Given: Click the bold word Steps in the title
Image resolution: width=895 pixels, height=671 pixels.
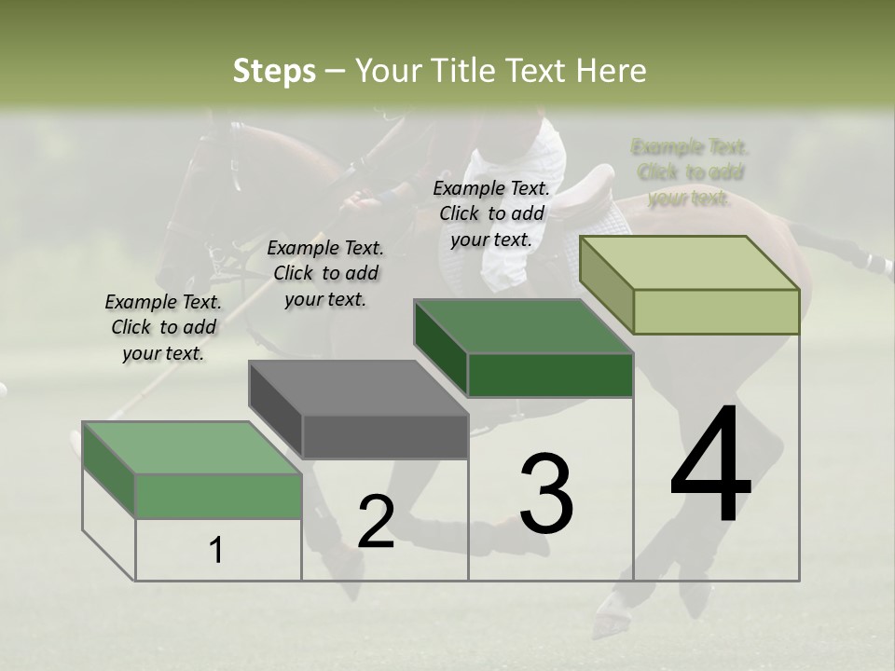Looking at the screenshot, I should coord(274,71).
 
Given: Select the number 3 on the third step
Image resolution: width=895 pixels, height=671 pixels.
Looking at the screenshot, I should coord(546,494).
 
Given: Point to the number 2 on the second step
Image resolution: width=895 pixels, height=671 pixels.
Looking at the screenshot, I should coord(376,522).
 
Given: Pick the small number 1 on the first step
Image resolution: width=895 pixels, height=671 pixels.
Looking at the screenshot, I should coord(216,551).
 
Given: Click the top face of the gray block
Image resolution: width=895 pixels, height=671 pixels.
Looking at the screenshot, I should coord(358,388).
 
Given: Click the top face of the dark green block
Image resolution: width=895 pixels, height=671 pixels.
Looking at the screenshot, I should coord(523,326).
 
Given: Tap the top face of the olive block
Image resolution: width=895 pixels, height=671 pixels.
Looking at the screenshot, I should coord(689,263).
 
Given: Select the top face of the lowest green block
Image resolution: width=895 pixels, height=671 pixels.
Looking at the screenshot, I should coord(192,447).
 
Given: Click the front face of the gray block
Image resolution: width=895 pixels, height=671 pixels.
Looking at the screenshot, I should coord(385,436).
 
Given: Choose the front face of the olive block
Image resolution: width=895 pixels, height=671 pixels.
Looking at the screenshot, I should coord(716,311).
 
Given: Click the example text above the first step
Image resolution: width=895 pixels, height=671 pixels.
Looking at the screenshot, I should coord(163,327).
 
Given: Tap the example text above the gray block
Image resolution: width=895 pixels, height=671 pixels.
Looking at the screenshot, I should coord(325,273).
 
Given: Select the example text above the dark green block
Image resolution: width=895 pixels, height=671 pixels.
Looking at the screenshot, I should coord(491,213).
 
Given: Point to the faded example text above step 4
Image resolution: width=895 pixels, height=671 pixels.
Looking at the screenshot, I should coord(690,172).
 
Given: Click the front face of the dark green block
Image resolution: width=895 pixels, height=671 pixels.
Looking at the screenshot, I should coord(550,375).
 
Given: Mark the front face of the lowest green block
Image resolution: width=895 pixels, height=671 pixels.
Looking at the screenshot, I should coord(219,496).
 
